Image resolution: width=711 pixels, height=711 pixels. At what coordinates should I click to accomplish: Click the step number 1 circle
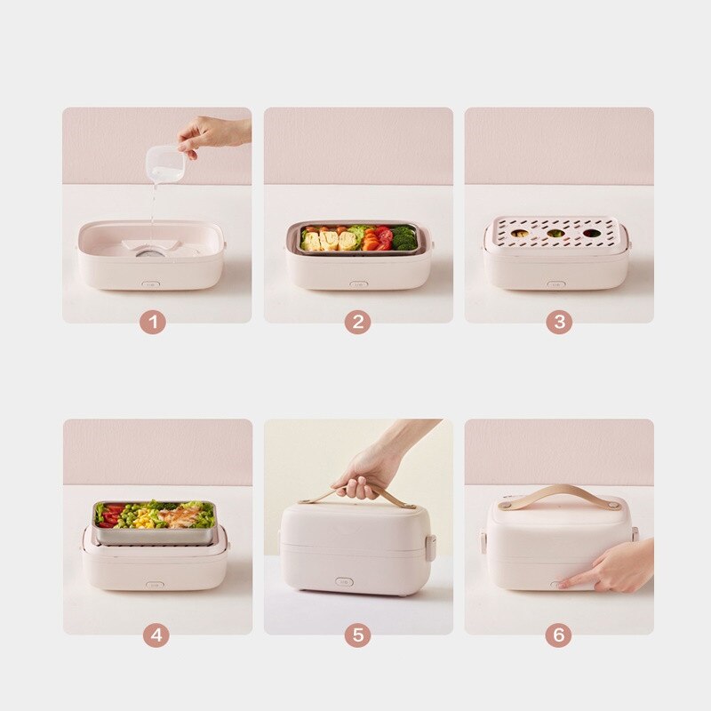153,323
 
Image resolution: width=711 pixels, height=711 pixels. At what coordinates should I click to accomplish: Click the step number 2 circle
357,323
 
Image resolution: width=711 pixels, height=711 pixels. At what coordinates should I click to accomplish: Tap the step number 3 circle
558,323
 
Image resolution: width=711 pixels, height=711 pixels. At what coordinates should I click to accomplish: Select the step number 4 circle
156,635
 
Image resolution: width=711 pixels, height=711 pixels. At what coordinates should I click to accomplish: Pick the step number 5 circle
357,635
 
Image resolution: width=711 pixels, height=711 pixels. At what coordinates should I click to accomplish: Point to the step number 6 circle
558,635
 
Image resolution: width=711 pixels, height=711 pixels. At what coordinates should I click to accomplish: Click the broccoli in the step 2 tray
404,237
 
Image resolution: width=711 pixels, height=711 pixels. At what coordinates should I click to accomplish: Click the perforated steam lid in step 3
556,234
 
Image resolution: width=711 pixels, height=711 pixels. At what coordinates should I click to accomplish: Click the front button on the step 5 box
345,582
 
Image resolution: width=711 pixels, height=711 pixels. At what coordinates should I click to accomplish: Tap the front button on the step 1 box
150,285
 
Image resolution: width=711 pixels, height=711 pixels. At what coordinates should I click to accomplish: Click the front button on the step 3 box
556,284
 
